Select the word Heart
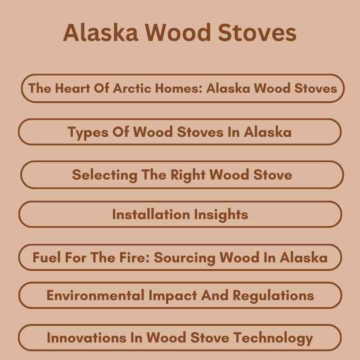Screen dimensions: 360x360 pos(73,88)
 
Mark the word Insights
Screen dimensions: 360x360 pos(221,214)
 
